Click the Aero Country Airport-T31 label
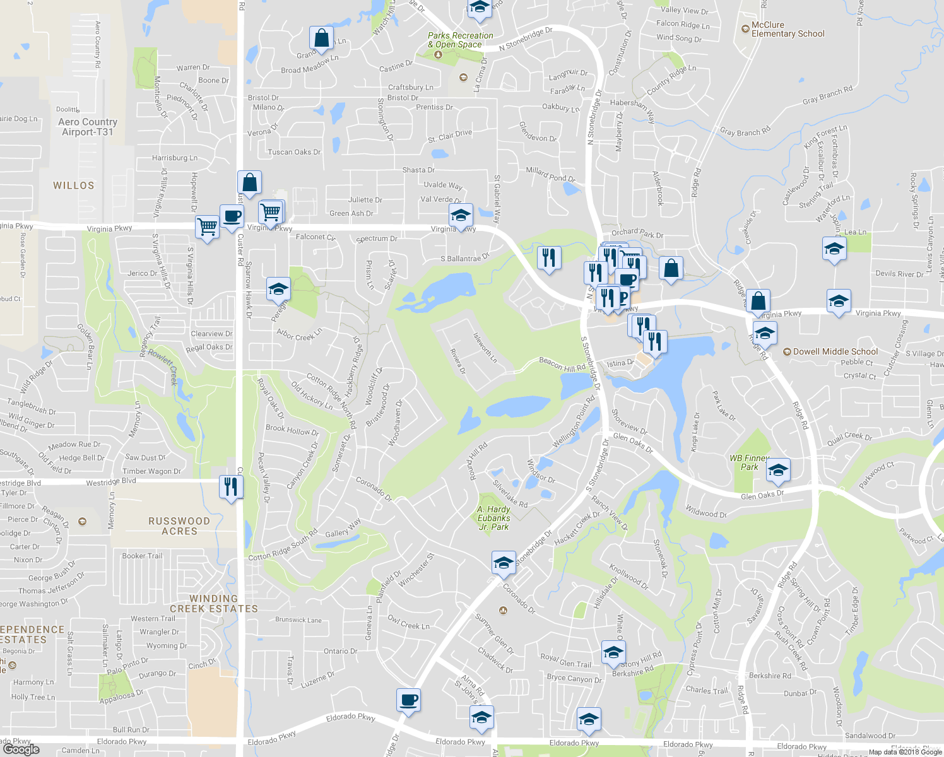click(87, 127)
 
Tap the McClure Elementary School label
click(788, 30)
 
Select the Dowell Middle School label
click(835, 351)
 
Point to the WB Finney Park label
click(749, 462)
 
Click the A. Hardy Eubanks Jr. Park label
click(493, 518)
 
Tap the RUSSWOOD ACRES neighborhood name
click(179, 526)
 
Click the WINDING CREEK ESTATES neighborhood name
click(214, 604)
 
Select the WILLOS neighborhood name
click(74, 185)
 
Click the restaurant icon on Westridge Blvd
click(231, 487)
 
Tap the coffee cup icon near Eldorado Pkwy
click(408, 700)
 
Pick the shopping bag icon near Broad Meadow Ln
click(321, 38)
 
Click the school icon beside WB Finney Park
click(778, 470)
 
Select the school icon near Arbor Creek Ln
click(278, 289)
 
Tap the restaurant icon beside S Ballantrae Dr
click(549, 258)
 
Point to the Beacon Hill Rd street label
click(562, 364)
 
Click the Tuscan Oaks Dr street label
click(294, 152)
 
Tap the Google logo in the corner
click(21, 749)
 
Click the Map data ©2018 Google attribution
click(905, 752)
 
